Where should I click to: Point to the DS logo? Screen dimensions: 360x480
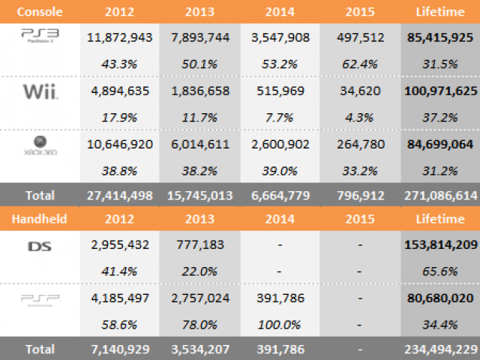click(39, 245)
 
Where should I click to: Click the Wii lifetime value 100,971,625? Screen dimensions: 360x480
click(440, 92)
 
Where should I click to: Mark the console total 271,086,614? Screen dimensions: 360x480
click(440, 195)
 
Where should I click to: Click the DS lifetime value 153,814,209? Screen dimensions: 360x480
click(440, 245)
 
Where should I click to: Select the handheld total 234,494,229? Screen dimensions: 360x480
click(440, 349)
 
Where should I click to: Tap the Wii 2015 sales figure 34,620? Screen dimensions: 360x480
click(360, 92)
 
